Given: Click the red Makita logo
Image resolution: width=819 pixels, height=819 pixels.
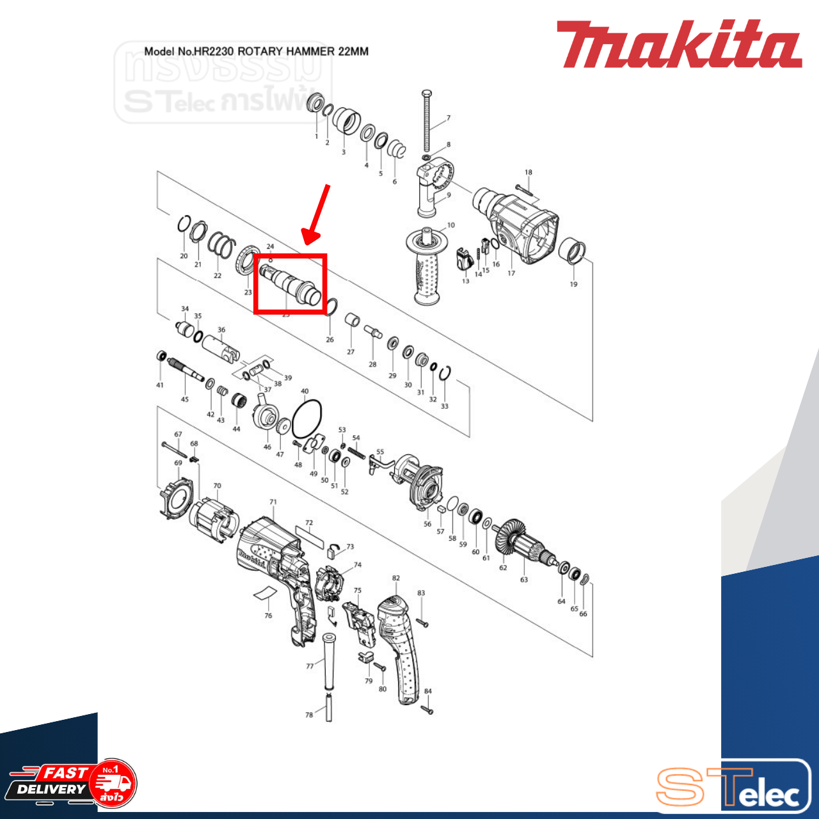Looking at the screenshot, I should pyautogui.click(x=678, y=44).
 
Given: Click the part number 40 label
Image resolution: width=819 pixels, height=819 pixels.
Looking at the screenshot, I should pyautogui.click(x=305, y=391).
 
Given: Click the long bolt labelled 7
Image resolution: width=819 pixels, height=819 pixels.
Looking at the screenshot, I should pyautogui.click(x=427, y=122).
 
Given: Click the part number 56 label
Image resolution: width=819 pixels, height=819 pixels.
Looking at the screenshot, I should pyautogui.click(x=427, y=524).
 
